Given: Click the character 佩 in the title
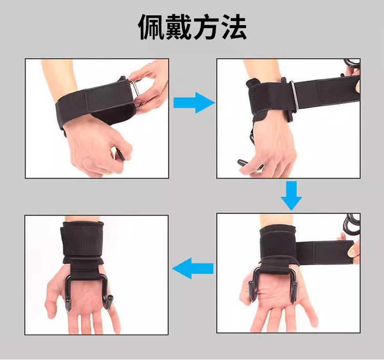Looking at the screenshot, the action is (152, 27).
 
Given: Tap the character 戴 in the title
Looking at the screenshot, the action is (179, 27).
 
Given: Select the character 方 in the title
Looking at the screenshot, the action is (206, 27).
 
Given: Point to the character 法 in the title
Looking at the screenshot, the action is (233, 27).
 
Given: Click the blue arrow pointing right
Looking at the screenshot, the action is (194, 102).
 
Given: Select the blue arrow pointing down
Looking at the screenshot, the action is (291, 196).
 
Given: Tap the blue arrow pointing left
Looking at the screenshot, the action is (193, 269).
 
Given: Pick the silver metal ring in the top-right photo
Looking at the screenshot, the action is (294, 96).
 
